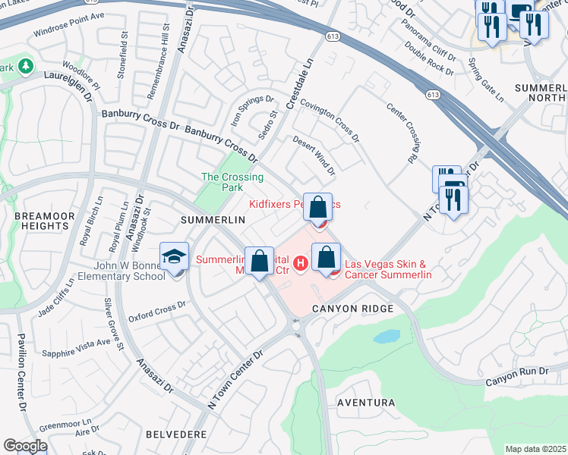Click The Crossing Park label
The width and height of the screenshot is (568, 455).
pyautogui.click(x=232, y=183)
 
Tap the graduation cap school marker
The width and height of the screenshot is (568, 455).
pyautogui.click(x=174, y=256)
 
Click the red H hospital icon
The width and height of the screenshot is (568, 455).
pyautogui.click(x=301, y=264)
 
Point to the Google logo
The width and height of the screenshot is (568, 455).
pyautogui.click(x=25, y=446)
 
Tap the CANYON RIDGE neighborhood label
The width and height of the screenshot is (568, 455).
pyautogui.click(x=352, y=309)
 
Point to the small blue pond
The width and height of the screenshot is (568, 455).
pyautogui.click(x=387, y=336)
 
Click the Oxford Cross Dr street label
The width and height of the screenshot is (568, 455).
pyautogui.click(x=157, y=311)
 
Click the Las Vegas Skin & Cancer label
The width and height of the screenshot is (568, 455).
pyautogui.click(x=388, y=269)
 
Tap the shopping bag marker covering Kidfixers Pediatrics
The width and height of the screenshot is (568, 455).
pyautogui.click(x=320, y=206)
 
